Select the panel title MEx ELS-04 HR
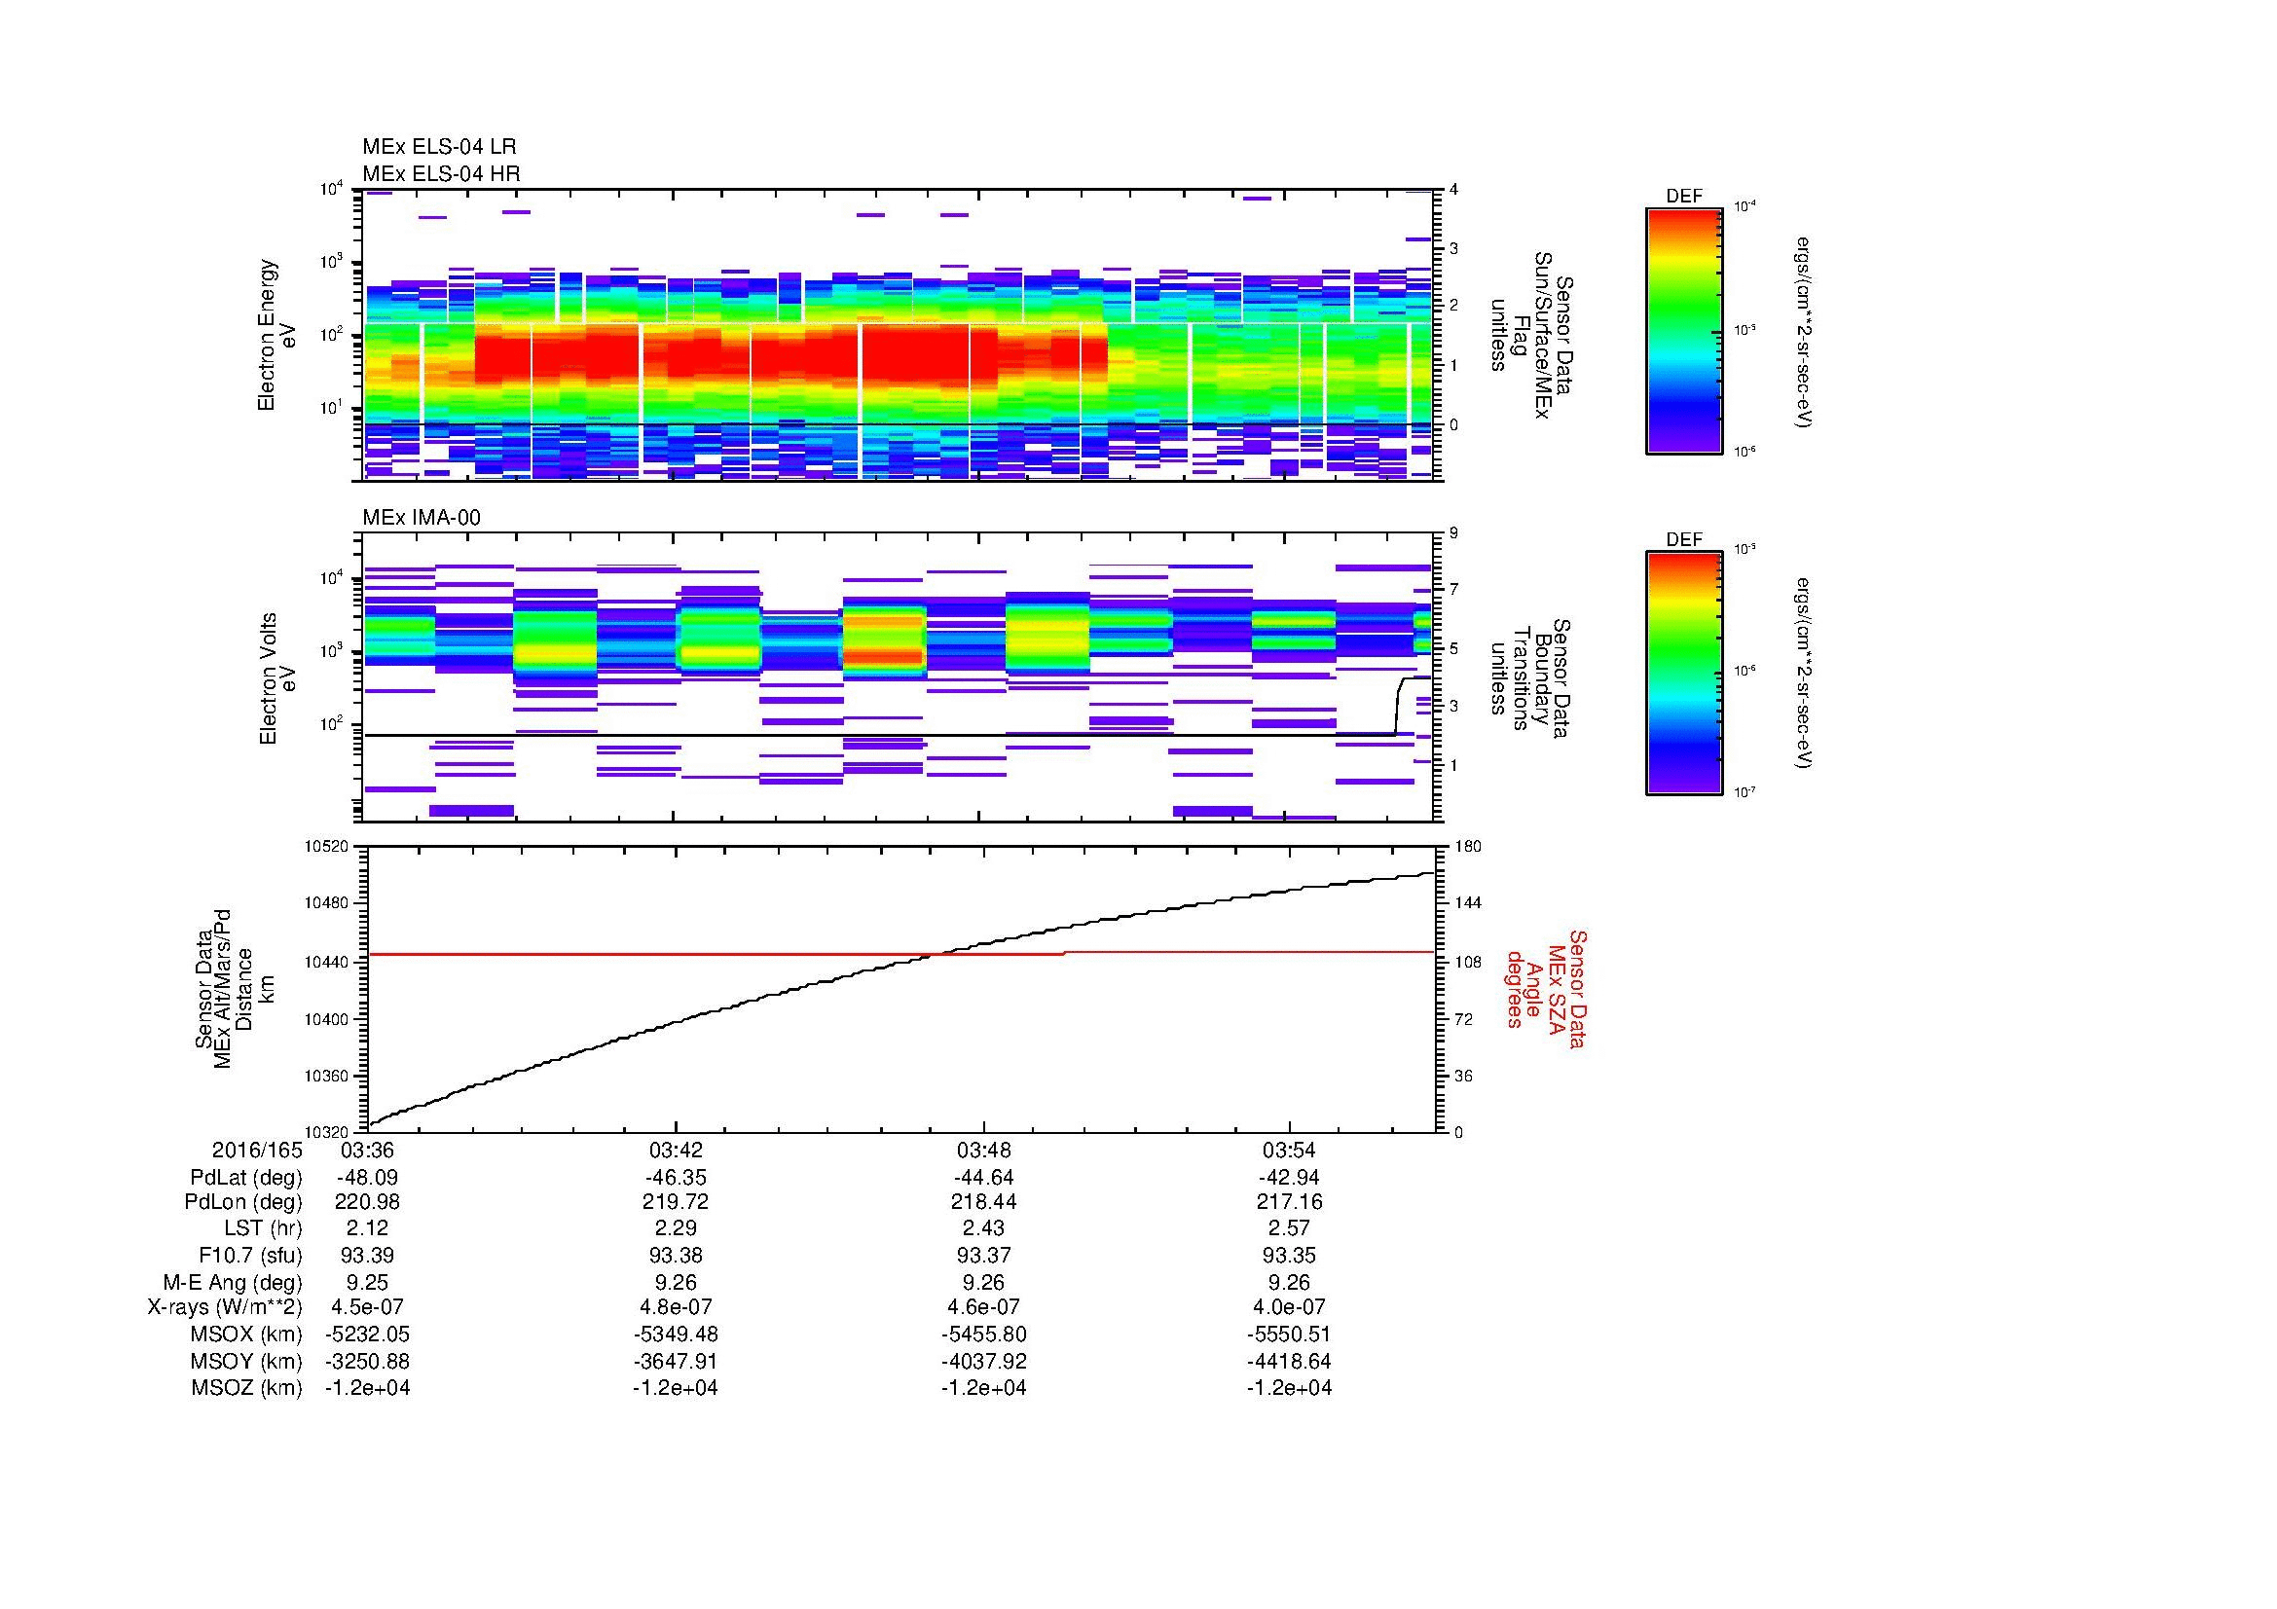pyautogui.click(x=440, y=174)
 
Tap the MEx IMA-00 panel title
pyautogui.click(x=422, y=518)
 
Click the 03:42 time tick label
pyautogui.click(x=675, y=1151)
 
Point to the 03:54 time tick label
pyautogui.click(x=1289, y=1151)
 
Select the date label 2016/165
pyautogui.click(x=257, y=1151)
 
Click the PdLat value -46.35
pyautogui.click(x=675, y=1178)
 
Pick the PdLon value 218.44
pyautogui.click(x=983, y=1202)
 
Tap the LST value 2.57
pyautogui.click(x=1289, y=1229)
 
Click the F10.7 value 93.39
pyautogui.click(x=367, y=1255)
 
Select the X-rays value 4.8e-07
pyautogui.click(x=675, y=1307)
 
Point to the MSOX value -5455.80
pyautogui.click(x=983, y=1335)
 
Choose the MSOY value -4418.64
pyautogui.click(x=1289, y=1361)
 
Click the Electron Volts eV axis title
pyautogui.click(x=278, y=678)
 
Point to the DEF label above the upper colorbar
pyautogui.click(x=1683, y=197)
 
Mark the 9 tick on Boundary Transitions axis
pyautogui.click(x=1453, y=533)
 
